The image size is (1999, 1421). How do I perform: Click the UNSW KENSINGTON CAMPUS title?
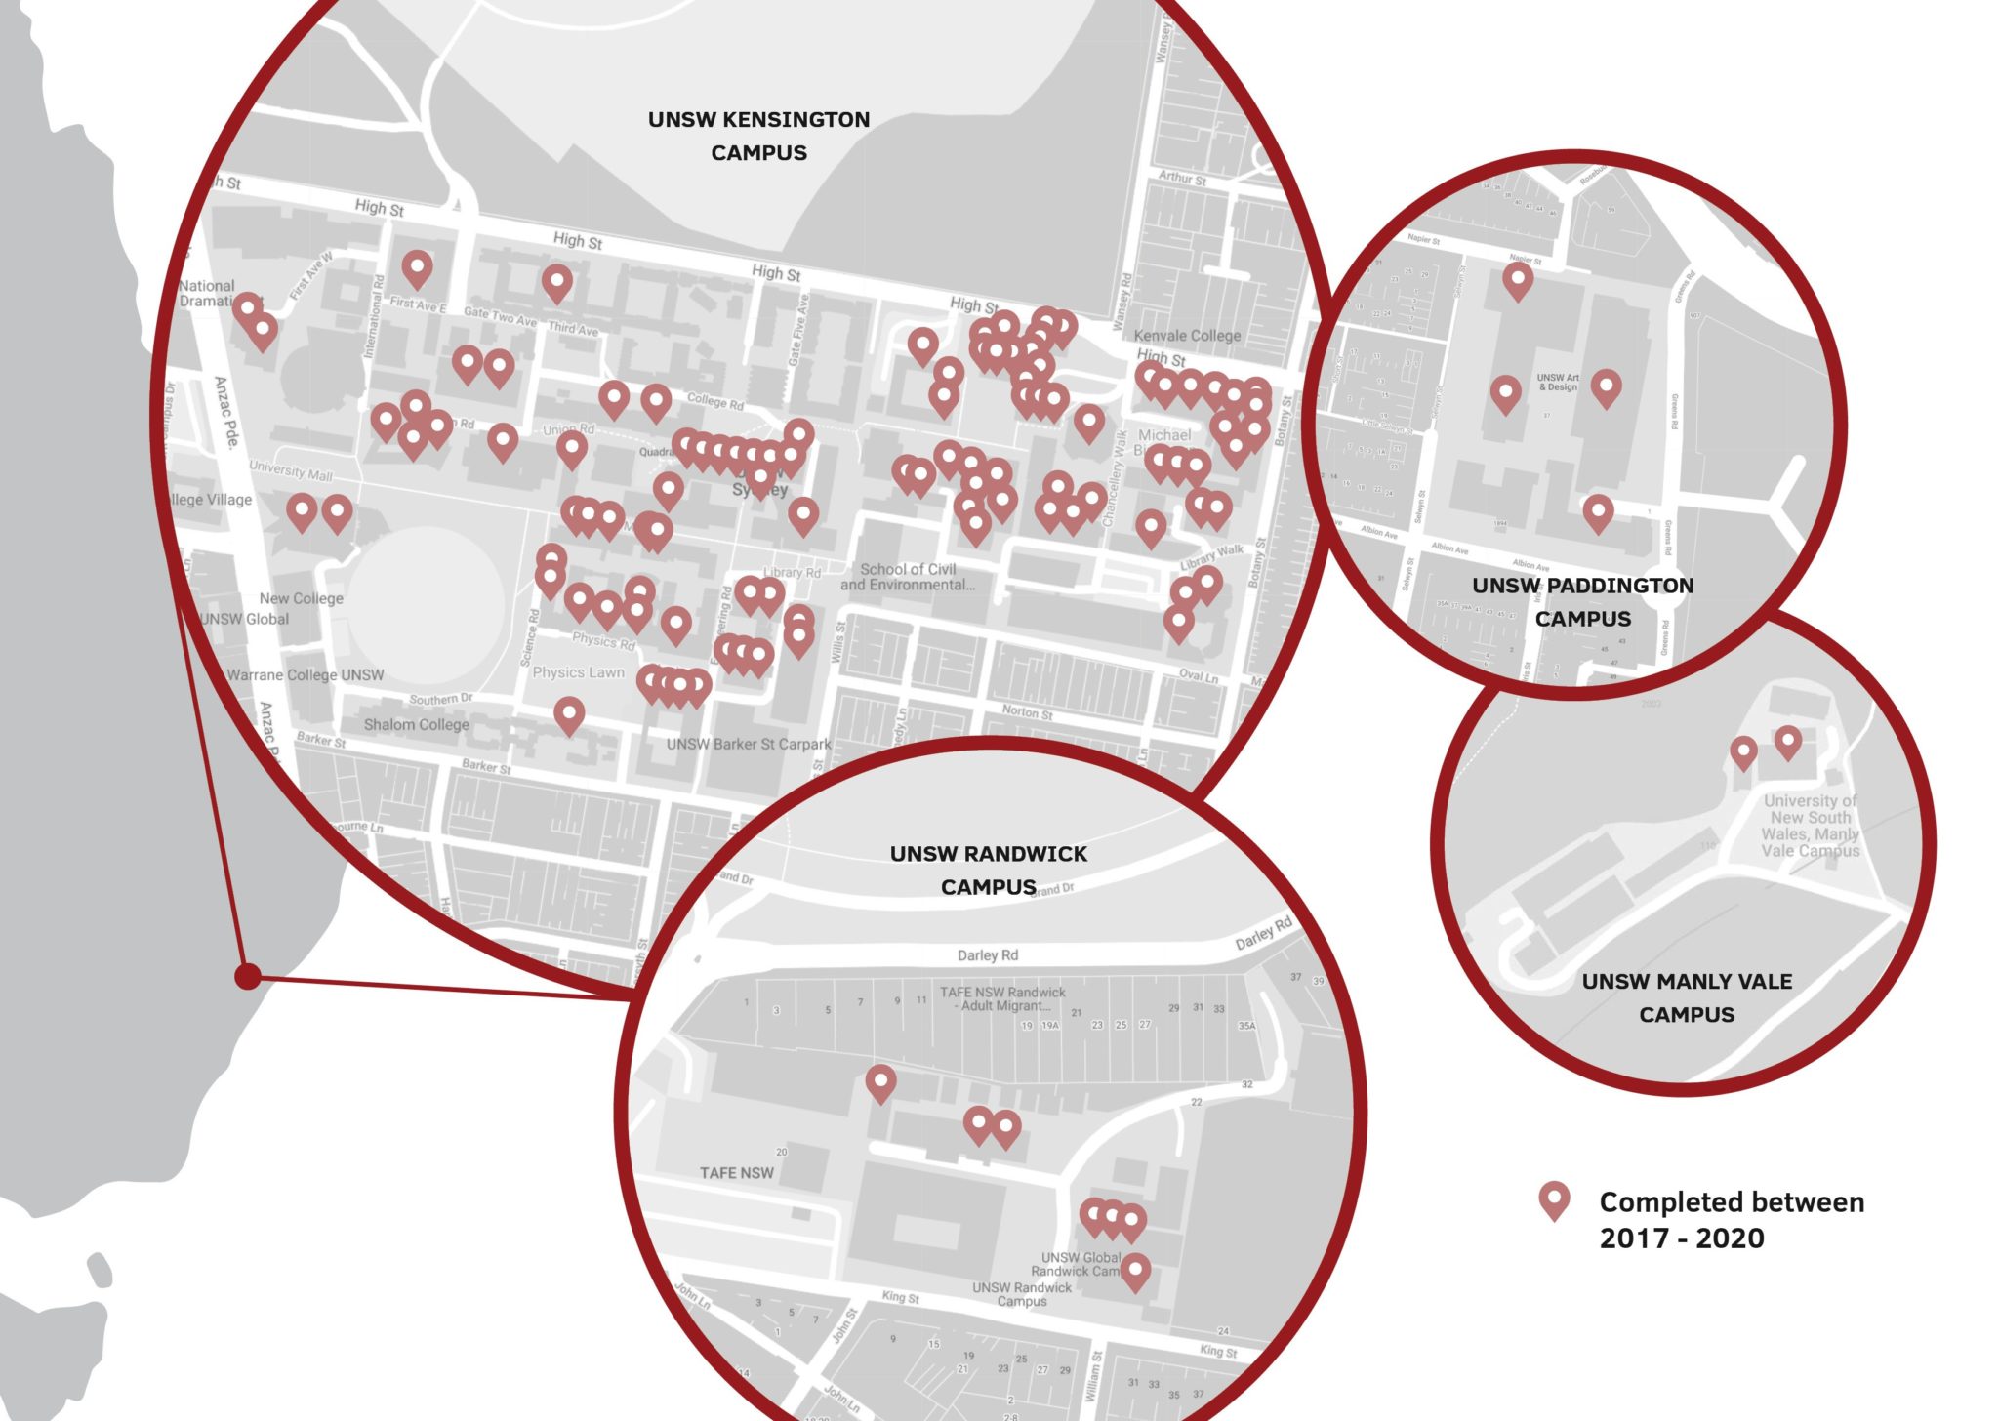click(758, 136)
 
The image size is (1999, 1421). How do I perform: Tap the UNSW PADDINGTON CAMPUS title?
click(1582, 601)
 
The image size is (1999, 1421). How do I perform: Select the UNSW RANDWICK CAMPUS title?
click(988, 870)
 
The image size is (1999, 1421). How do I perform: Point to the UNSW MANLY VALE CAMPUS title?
click(1687, 997)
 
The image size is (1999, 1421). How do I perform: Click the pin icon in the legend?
click(1554, 1200)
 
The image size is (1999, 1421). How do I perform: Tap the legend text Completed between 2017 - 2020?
click(1731, 1219)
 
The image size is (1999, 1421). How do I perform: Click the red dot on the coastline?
click(248, 975)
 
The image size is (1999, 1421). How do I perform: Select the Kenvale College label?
click(1187, 336)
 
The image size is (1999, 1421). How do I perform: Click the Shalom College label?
click(416, 724)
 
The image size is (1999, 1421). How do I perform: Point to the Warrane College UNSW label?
click(305, 674)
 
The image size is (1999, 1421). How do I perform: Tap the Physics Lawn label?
click(578, 672)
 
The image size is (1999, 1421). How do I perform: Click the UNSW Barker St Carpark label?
click(748, 744)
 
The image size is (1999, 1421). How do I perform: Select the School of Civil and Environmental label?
click(908, 577)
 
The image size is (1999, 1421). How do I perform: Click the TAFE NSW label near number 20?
click(736, 1172)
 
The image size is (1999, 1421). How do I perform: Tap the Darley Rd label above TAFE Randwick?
click(987, 954)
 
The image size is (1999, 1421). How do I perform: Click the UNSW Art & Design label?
click(1557, 382)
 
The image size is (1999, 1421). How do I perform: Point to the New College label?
click(301, 598)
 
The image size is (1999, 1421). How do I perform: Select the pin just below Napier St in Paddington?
click(1517, 280)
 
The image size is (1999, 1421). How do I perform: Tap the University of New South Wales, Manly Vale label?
click(1811, 825)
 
